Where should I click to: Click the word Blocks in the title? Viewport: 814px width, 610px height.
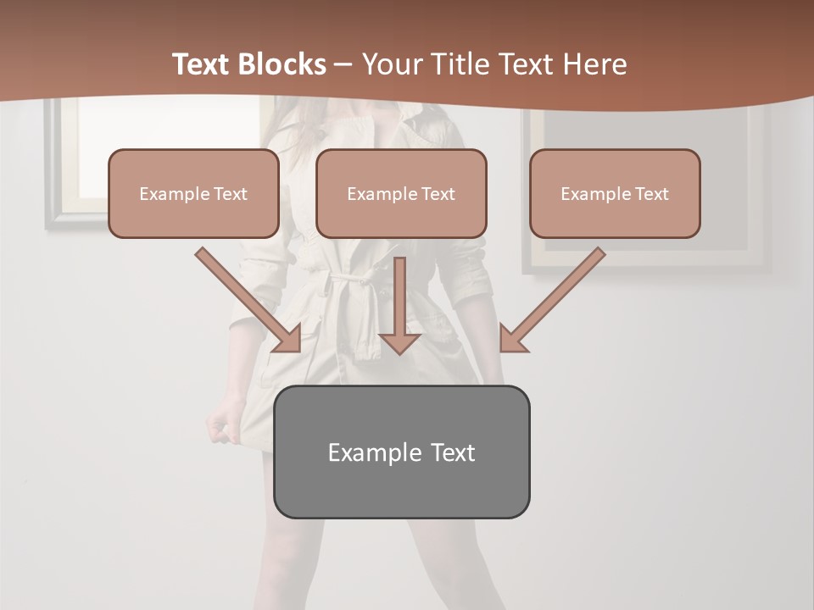[282, 64]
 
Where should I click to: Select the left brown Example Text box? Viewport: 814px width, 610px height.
[193, 193]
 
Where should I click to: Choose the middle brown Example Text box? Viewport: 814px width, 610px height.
[401, 193]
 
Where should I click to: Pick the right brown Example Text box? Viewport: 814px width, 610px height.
[615, 193]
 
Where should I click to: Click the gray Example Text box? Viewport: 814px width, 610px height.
[401, 452]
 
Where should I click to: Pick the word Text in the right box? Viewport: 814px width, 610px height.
[651, 193]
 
